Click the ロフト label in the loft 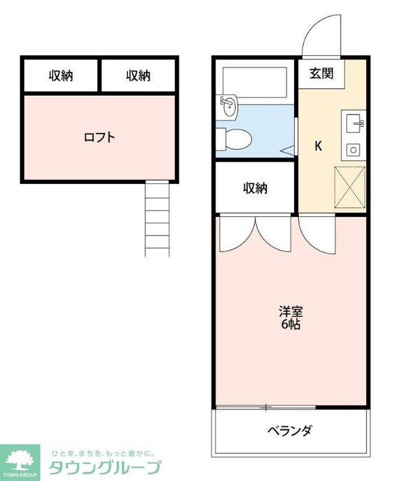(99, 136)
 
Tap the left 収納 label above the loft (61, 76)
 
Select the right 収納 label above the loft (138, 76)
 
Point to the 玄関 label (321, 73)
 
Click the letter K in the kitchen (319, 146)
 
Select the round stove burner (354, 149)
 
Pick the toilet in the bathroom (233, 138)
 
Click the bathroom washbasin (228, 105)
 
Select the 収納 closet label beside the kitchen (255, 188)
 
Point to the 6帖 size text (289, 325)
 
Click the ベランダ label (290, 431)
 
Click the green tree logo (23, 460)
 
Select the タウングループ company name (105, 467)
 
